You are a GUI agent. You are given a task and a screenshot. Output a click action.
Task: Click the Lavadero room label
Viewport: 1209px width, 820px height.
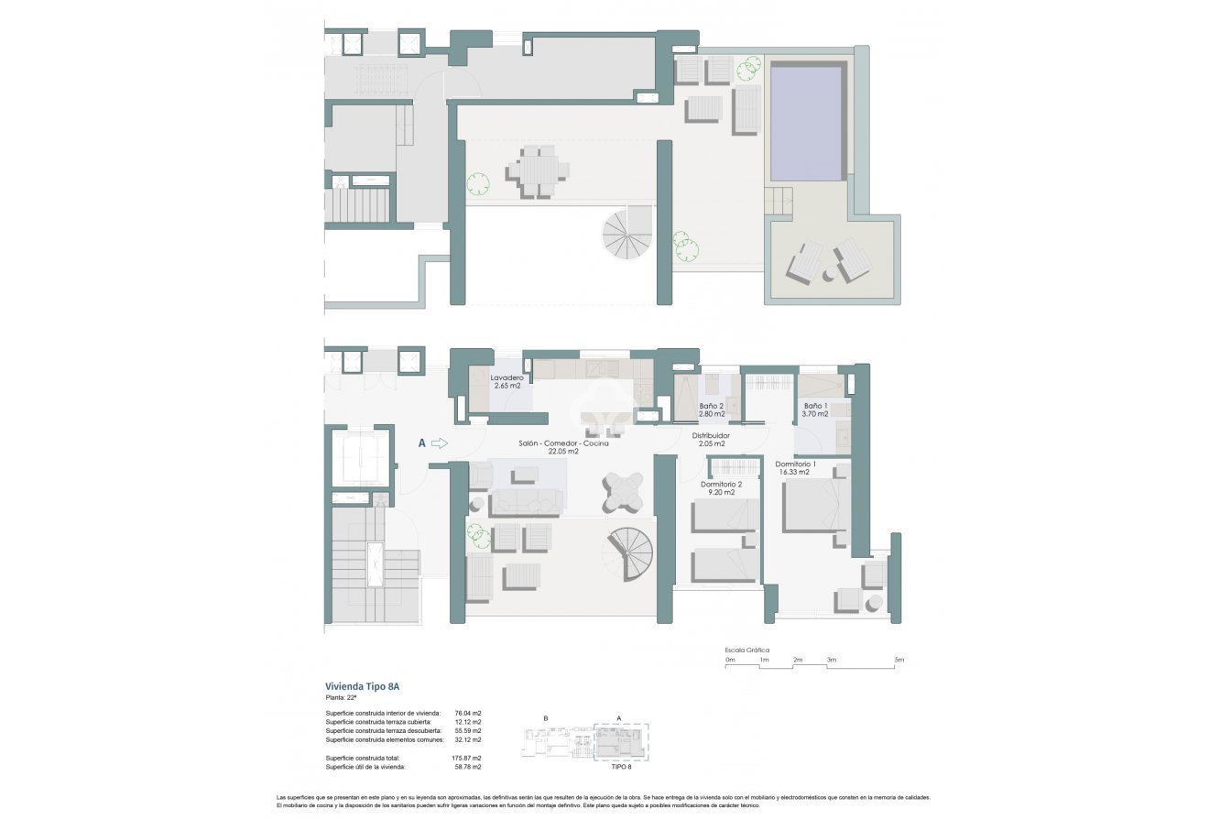point(506,377)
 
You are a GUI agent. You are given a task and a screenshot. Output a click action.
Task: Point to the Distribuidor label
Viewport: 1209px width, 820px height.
point(710,435)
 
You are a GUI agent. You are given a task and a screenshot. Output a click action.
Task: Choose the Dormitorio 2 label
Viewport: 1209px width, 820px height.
point(721,484)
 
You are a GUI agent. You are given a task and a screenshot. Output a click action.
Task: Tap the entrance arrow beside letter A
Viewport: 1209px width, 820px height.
point(439,443)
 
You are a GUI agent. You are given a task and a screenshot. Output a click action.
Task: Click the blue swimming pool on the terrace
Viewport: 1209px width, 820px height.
point(806,123)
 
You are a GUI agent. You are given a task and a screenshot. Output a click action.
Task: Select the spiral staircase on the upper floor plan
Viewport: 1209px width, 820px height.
point(627,234)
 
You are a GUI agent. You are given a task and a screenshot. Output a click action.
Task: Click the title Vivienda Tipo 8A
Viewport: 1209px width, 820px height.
point(363,686)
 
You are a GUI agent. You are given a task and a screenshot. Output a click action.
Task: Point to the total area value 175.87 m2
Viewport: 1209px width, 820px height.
point(467,759)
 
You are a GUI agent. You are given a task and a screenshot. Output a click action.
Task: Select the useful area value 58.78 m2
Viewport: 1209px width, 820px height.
point(468,767)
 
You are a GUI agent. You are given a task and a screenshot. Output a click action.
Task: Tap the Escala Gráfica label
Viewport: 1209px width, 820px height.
point(747,650)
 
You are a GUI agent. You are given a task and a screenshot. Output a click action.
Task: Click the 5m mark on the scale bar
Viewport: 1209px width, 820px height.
point(899,660)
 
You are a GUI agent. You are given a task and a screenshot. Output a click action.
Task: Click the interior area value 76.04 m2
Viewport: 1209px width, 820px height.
point(468,713)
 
